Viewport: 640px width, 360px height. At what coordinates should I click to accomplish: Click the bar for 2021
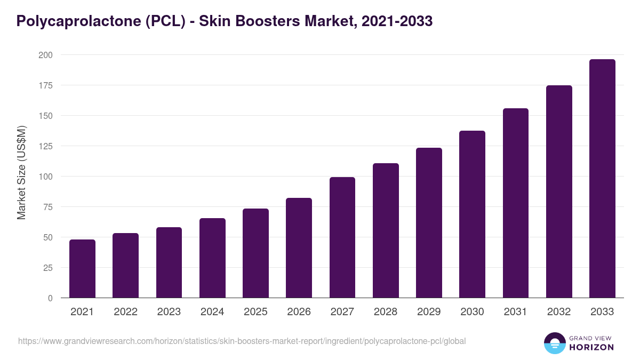coord(82,269)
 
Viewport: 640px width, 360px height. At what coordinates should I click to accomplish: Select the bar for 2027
coord(342,237)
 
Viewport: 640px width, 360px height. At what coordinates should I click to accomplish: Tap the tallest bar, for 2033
coord(602,179)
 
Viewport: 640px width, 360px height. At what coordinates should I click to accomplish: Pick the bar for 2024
coord(212,258)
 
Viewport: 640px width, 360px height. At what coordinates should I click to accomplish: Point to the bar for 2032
coord(559,191)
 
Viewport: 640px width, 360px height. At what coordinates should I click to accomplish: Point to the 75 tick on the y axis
coord(47,207)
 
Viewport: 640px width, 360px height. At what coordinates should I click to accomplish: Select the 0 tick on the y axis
coord(50,298)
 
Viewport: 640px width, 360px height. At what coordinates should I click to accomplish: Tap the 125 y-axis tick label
coord(45,146)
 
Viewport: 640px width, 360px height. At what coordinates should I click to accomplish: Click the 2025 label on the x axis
coord(255,312)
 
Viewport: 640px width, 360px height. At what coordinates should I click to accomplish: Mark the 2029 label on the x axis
coord(429,312)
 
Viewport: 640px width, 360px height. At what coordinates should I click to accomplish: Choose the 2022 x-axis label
coord(125,312)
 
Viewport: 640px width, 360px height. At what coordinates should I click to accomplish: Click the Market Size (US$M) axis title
coord(21,173)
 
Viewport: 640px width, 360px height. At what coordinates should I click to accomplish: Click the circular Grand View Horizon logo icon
coord(554,343)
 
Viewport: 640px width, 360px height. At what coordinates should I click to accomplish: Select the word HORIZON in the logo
coord(591,347)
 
